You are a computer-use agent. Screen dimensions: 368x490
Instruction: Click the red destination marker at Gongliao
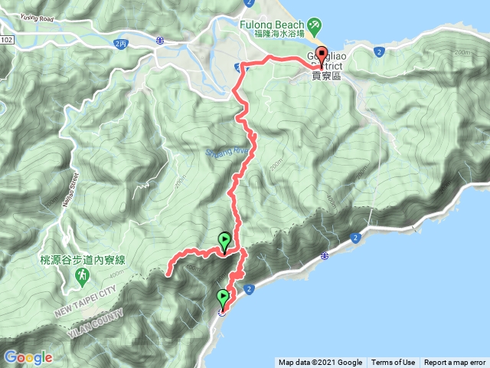[320, 57]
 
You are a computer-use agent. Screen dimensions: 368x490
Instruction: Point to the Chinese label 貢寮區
[330, 76]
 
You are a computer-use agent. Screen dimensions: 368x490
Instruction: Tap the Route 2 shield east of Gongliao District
[380, 51]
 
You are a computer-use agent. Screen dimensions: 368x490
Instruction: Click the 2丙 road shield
[119, 44]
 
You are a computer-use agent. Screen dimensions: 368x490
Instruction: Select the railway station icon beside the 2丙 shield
[159, 40]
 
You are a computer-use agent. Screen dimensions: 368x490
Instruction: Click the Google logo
[28, 357]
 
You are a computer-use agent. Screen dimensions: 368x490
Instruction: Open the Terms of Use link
[393, 363]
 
